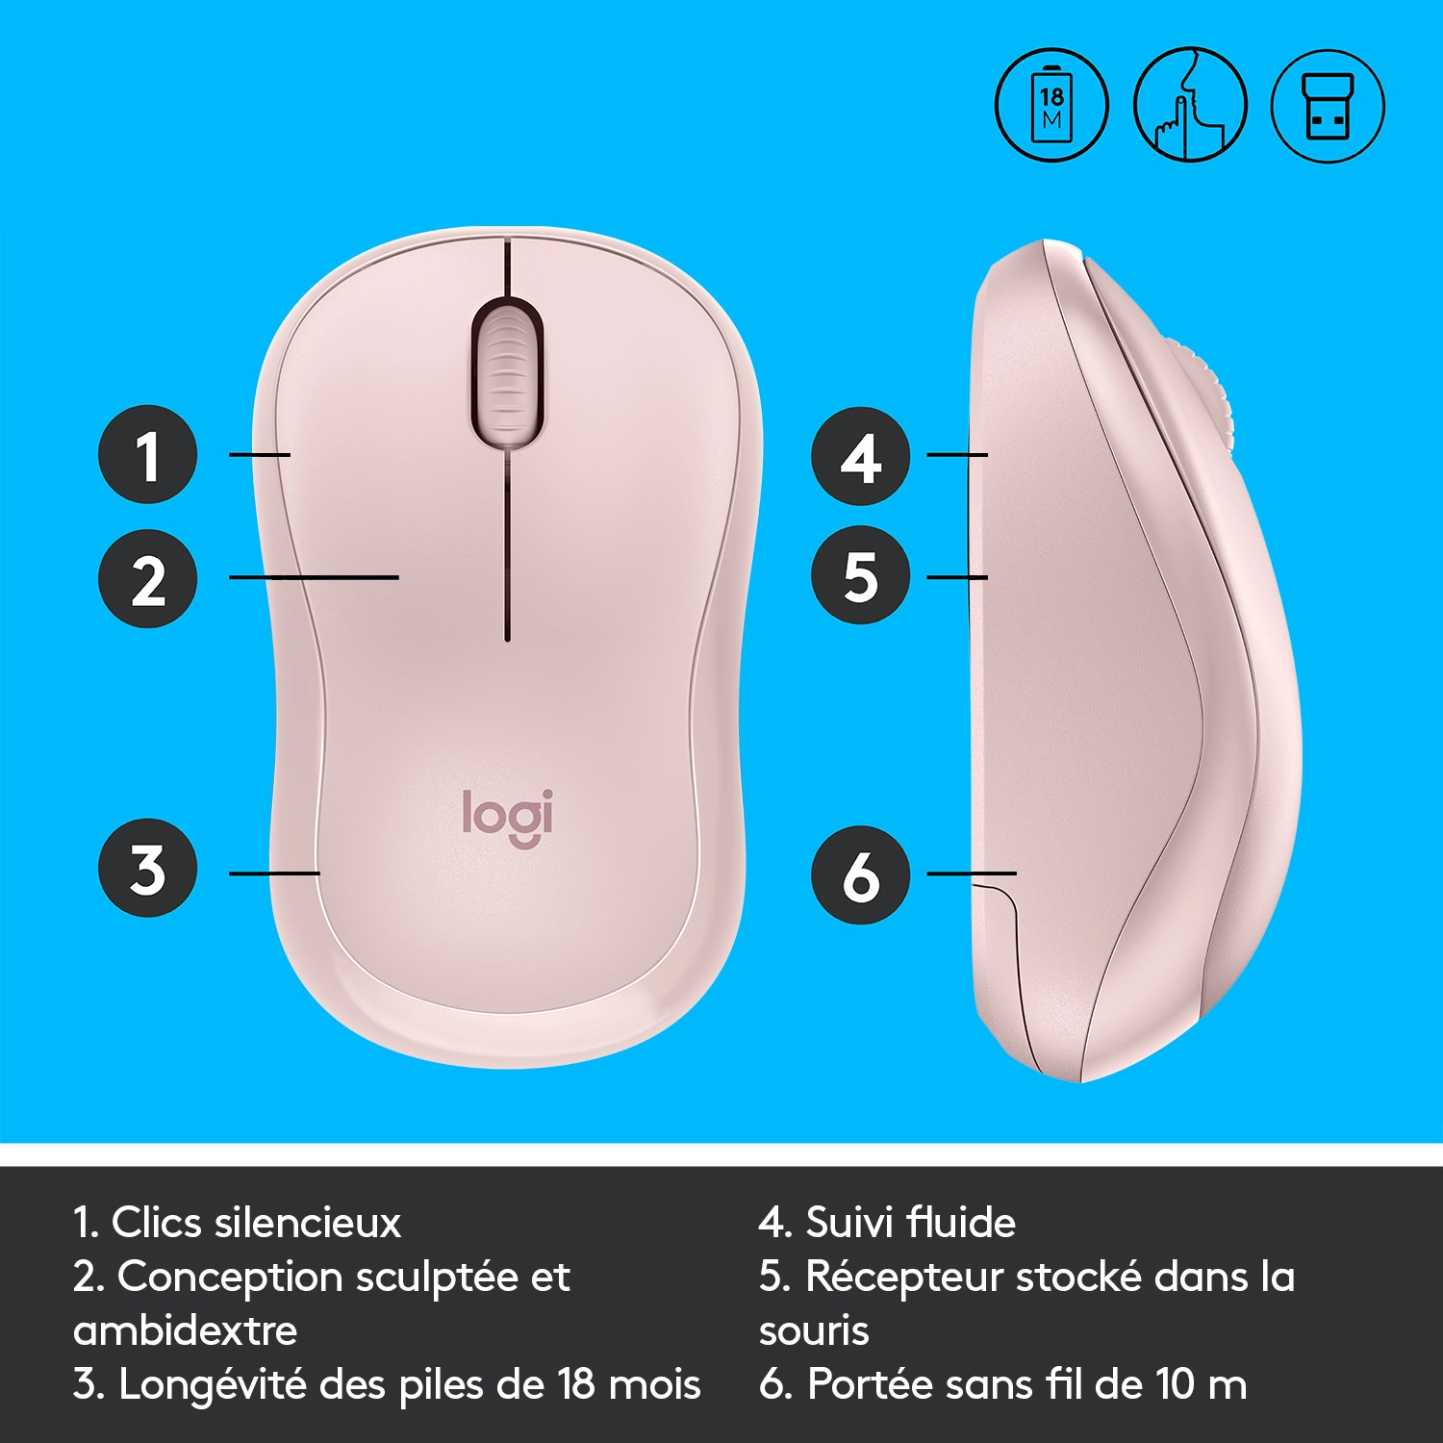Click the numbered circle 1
pos(148,454)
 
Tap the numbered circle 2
pos(148,578)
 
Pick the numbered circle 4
pos(861,456)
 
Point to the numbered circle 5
pos(861,575)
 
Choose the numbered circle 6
pos(861,874)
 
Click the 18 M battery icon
pos(1051,105)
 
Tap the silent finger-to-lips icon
pos(1190,105)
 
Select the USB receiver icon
pos(1328,105)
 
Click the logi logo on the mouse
pos(508,819)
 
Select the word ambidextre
pos(185,1330)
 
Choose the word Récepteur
pos(905,1278)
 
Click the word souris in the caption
pos(814,1331)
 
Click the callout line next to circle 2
pos(314,577)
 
